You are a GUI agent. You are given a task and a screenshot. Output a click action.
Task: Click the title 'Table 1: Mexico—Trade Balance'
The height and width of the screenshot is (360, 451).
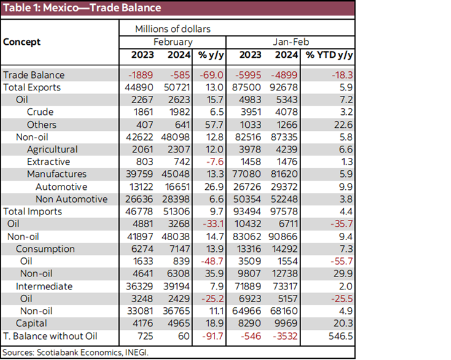[82, 8]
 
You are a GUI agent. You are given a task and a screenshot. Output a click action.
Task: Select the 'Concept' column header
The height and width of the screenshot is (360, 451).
[22, 42]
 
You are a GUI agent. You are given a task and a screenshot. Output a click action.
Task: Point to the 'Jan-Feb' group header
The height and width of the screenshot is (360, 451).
[290, 42]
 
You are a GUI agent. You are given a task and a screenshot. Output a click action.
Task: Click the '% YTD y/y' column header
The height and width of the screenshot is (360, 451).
[328, 55]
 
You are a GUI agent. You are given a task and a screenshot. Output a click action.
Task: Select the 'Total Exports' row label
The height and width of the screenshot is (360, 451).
[33, 87]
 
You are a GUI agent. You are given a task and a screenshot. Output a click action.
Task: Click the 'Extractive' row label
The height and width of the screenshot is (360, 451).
[49, 162]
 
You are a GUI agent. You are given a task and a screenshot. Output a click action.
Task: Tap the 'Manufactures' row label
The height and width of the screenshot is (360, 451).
[57, 174]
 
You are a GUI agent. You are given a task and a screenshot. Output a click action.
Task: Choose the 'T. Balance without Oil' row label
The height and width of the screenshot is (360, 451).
[51, 335]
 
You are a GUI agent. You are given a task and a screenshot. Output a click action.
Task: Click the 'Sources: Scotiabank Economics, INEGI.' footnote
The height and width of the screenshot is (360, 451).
[75, 352]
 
